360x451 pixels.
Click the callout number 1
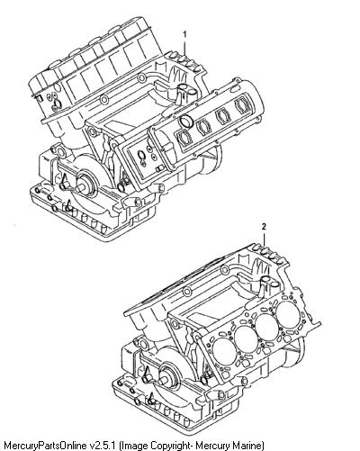(x=184, y=35)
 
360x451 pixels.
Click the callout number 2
(x=264, y=227)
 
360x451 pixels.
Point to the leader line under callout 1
(x=184, y=48)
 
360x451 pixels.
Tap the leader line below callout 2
(x=264, y=239)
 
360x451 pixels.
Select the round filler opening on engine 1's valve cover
(x=186, y=122)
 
